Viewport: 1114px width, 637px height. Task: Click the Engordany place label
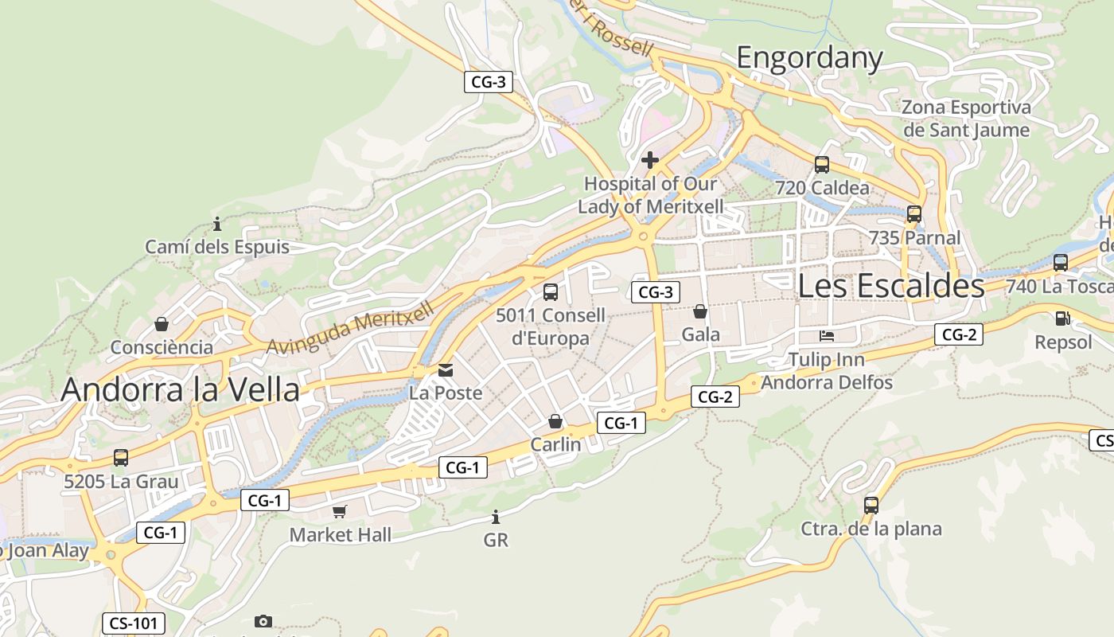pyautogui.click(x=809, y=58)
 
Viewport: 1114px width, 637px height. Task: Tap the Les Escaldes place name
pyautogui.click(x=890, y=285)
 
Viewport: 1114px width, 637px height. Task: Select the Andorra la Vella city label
pyautogui.click(x=181, y=389)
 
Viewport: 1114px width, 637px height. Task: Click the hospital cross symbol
pyautogui.click(x=650, y=160)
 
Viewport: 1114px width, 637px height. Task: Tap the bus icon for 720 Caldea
pyautogui.click(x=822, y=165)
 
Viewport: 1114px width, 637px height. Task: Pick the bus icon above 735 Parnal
pyautogui.click(x=914, y=213)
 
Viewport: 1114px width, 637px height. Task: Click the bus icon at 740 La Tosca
pyautogui.click(x=1061, y=263)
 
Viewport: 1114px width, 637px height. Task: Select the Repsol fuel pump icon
pyautogui.click(x=1062, y=318)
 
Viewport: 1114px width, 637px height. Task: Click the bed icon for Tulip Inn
pyautogui.click(x=827, y=336)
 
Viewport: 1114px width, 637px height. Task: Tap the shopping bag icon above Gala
pyautogui.click(x=700, y=311)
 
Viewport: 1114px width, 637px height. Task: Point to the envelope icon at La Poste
pyautogui.click(x=446, y=369)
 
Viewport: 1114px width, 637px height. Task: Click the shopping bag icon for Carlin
pyautogui.click(x=555, y=421)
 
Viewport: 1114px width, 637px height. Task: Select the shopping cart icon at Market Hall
pyautogui.click(x=340, y=511)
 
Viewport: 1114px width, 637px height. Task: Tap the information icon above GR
pyautogui.click(x=496, y=517)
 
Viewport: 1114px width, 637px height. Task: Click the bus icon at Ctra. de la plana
pyautogui.click(x=871, y=505)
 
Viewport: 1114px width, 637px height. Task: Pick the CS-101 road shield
pyautogui.click(x=134, y=623)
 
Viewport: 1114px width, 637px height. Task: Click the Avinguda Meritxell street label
pyautogui.click(x=351, y=328)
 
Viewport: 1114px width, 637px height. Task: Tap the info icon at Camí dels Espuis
pyautogui.click(x=217, y=224)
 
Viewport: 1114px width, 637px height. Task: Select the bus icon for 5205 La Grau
pyautogui.click(x=121, y=458)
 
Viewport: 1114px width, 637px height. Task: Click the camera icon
pyautogui.click(x=263, y=621)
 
